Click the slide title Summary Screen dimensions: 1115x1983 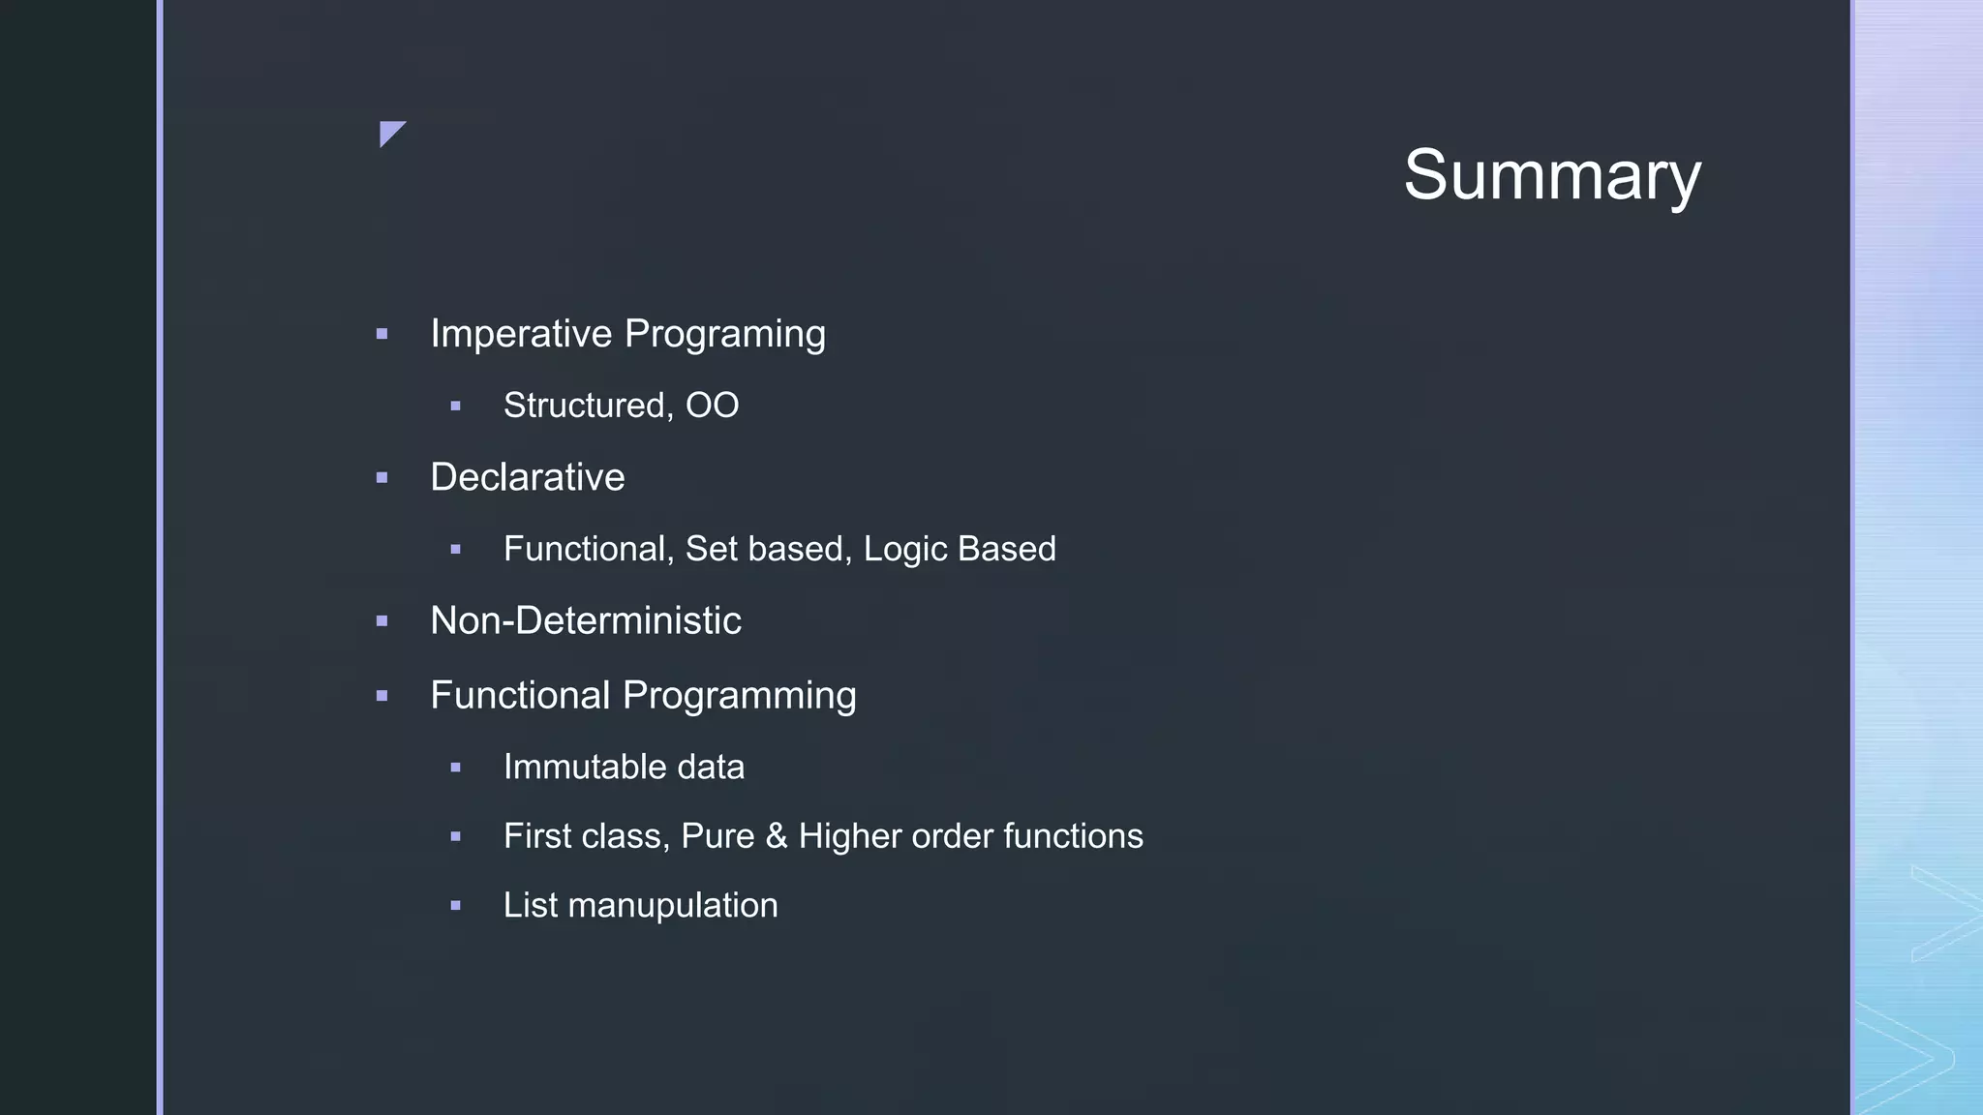tap(1551, 175)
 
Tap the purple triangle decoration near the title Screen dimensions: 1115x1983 tap(389, 132)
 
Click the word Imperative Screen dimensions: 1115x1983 tap(521, 334)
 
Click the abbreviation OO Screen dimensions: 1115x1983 tap(712, 406)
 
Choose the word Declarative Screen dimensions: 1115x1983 tap(527, 477)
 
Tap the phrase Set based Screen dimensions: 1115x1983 tap(768, 549)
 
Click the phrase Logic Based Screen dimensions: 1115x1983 tap(959, 549)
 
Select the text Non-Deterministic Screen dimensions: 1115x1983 tap(585, 620)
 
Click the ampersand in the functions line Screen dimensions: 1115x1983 tap(776, 836)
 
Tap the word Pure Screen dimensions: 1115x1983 tap(717, 836)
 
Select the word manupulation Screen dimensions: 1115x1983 tap(672, 906)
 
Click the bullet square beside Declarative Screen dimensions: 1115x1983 tap(381, 478)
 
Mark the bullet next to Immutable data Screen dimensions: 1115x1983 tap(455, 768)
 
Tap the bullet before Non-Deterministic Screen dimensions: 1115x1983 tap(381, 621)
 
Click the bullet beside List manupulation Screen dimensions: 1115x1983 tap(455, 906)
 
